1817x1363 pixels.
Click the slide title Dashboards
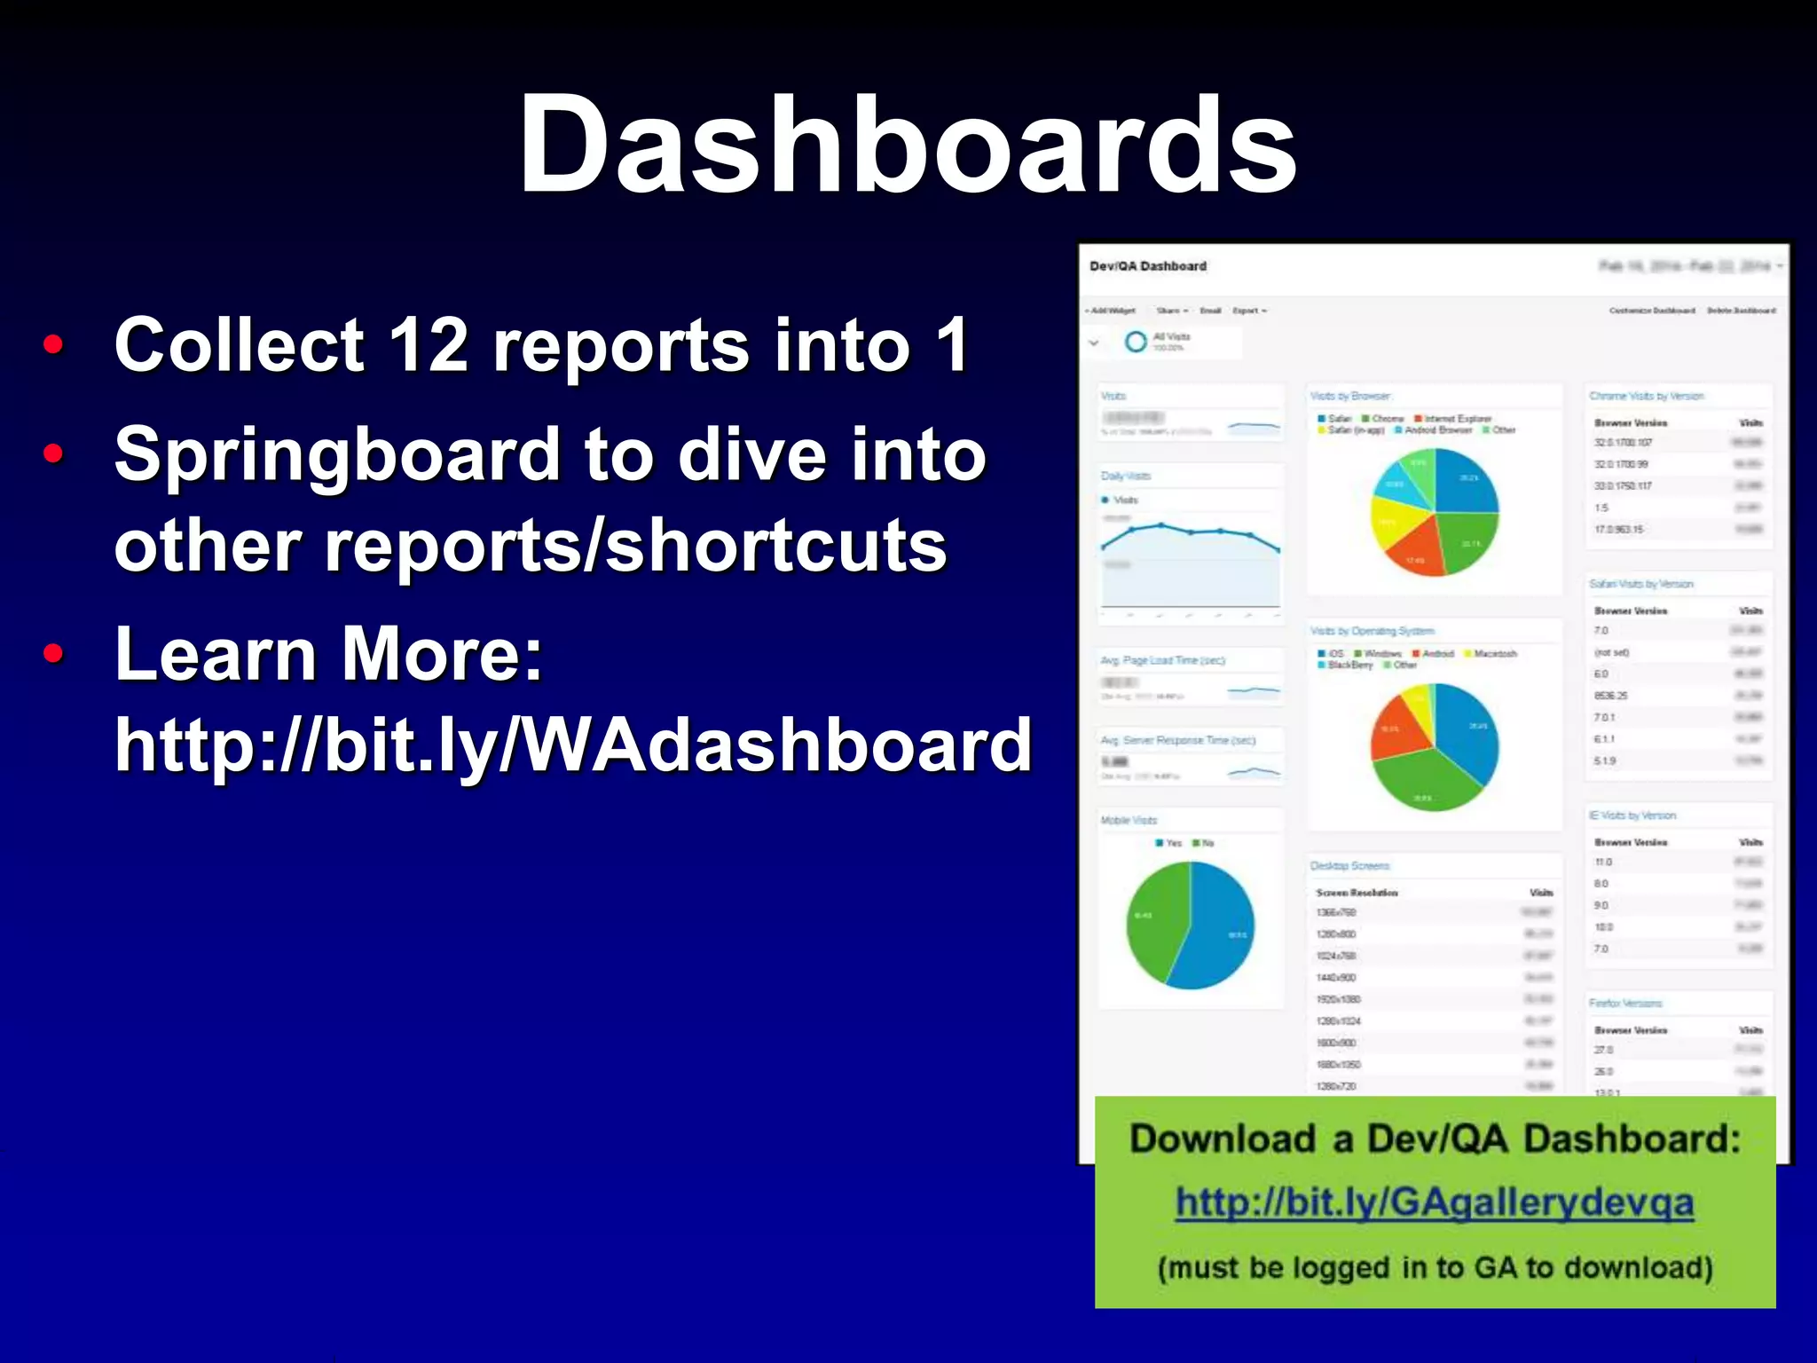(x=907, y=146)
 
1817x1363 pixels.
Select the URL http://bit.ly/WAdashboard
(x=573, y=745)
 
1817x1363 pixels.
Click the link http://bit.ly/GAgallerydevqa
(x=1435, y=1203)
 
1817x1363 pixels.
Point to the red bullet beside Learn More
(x=54, y=654)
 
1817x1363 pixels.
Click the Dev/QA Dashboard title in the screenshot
(x=1147, y=266)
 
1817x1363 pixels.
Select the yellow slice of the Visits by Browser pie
(x=1393, y=519)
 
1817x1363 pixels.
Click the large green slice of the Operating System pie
(x=1420, y=781)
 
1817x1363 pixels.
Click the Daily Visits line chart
(x=1190, y=550)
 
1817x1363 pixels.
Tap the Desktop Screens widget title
(x=1349, y=866)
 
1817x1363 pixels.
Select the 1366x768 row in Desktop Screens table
(x=1336, y=913)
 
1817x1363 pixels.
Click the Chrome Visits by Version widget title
(x=1646, y=397)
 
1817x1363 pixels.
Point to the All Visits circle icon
(x=1136, y=342)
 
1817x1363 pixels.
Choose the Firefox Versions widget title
(x=1624, y=1004)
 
